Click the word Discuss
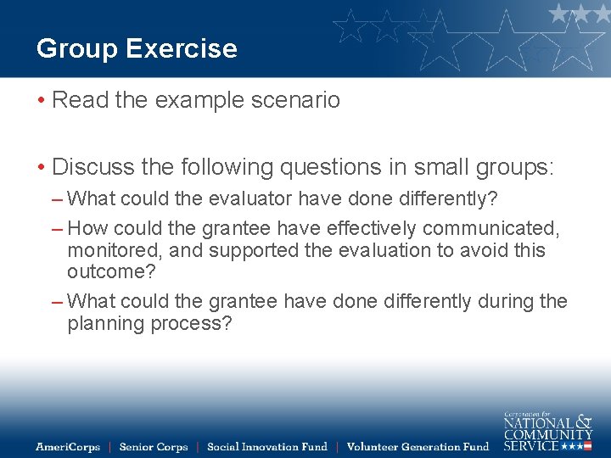pos(96,166)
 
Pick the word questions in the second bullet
pos(326,166)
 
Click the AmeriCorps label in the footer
pos(68,446)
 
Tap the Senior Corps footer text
pos(154,446)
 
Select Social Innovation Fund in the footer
pos(266,446)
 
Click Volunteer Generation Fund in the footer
pos(418,446)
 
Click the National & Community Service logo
pos(547,430)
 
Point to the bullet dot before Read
pos(41,101)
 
